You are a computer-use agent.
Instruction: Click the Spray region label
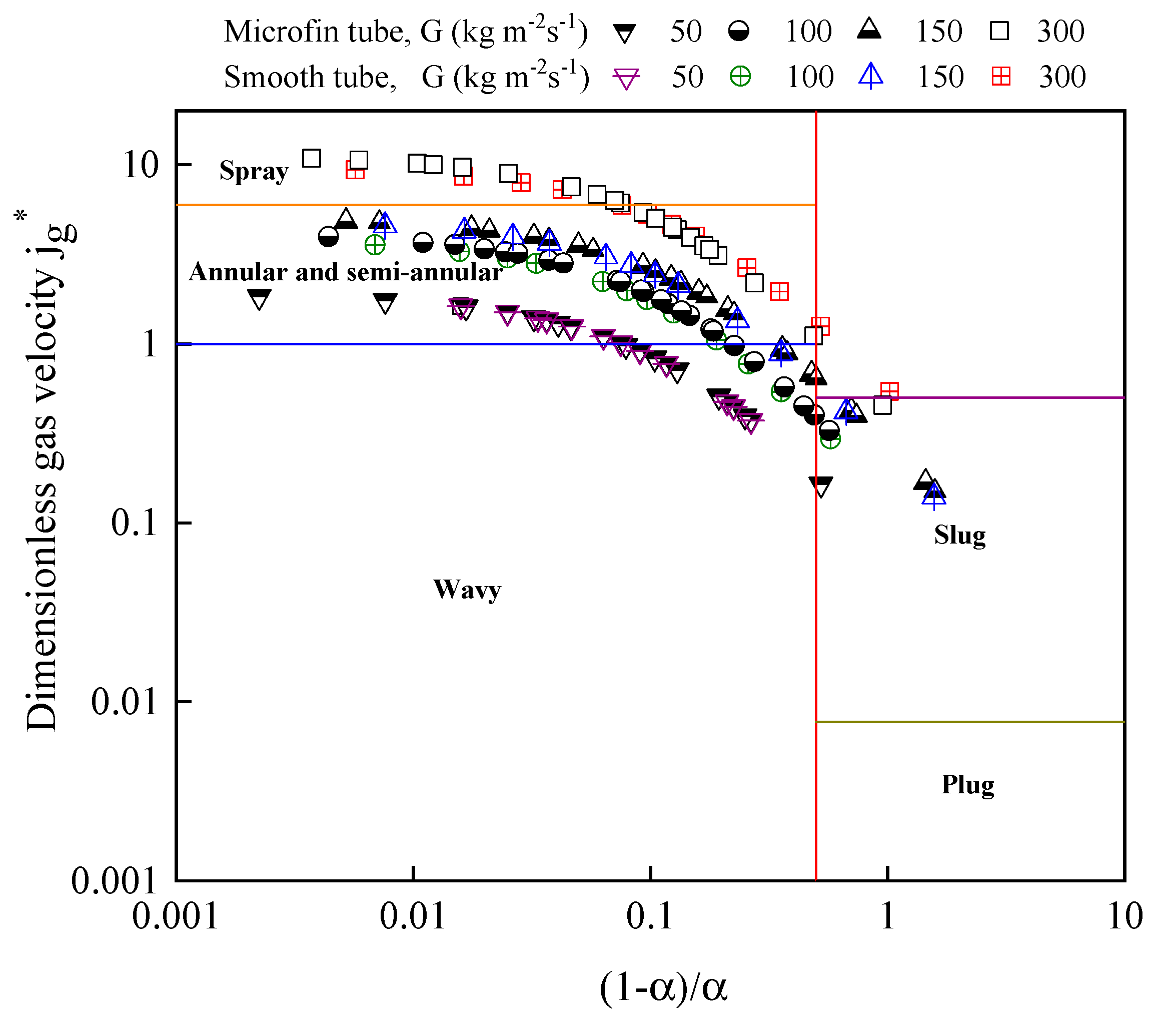tap(254, 171)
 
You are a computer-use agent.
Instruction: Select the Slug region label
tap(959, 535)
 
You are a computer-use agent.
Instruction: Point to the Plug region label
tap(967, 785)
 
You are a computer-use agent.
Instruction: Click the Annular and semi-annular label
tap(345, 272)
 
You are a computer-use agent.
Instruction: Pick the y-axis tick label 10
tap(140, 166)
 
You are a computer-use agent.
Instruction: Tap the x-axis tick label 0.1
tap(649, 917)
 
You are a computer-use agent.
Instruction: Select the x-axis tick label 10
tap(1124, 917)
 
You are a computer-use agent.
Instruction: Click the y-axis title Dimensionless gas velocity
tap(43, 472)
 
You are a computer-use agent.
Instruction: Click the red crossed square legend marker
tap(1001, 76)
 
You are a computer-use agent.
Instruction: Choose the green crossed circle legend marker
tap(740, 76)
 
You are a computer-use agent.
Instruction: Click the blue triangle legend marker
tap(870, 76)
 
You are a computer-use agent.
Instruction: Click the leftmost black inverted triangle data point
tap(260, 298)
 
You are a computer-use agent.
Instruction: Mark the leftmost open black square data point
tap(311, 158)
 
